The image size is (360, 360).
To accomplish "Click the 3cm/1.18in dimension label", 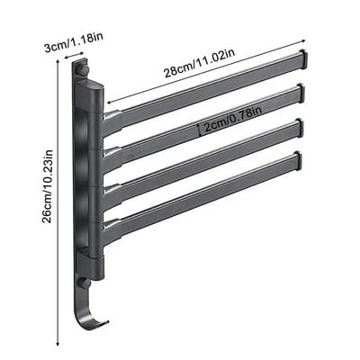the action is [74, 43].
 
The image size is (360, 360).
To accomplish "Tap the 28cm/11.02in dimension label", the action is [199, 63].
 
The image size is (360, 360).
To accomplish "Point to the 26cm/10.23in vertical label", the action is [48, 186].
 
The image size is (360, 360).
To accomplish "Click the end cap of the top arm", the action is [303, 58].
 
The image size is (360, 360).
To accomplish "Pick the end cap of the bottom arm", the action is [297, 160].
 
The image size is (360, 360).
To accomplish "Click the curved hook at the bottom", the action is [89, 308].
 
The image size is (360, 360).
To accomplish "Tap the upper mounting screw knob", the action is [84, 69].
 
